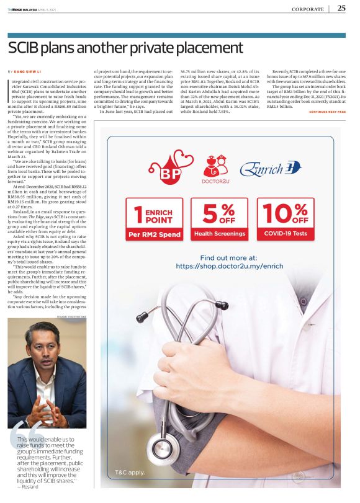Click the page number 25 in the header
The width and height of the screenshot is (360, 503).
tap(341, 9)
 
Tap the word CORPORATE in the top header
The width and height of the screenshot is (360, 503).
tap(307, 9)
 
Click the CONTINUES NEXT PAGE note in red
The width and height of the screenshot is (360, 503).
tap(327, 112)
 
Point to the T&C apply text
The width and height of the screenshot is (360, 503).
tap(130, 473)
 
